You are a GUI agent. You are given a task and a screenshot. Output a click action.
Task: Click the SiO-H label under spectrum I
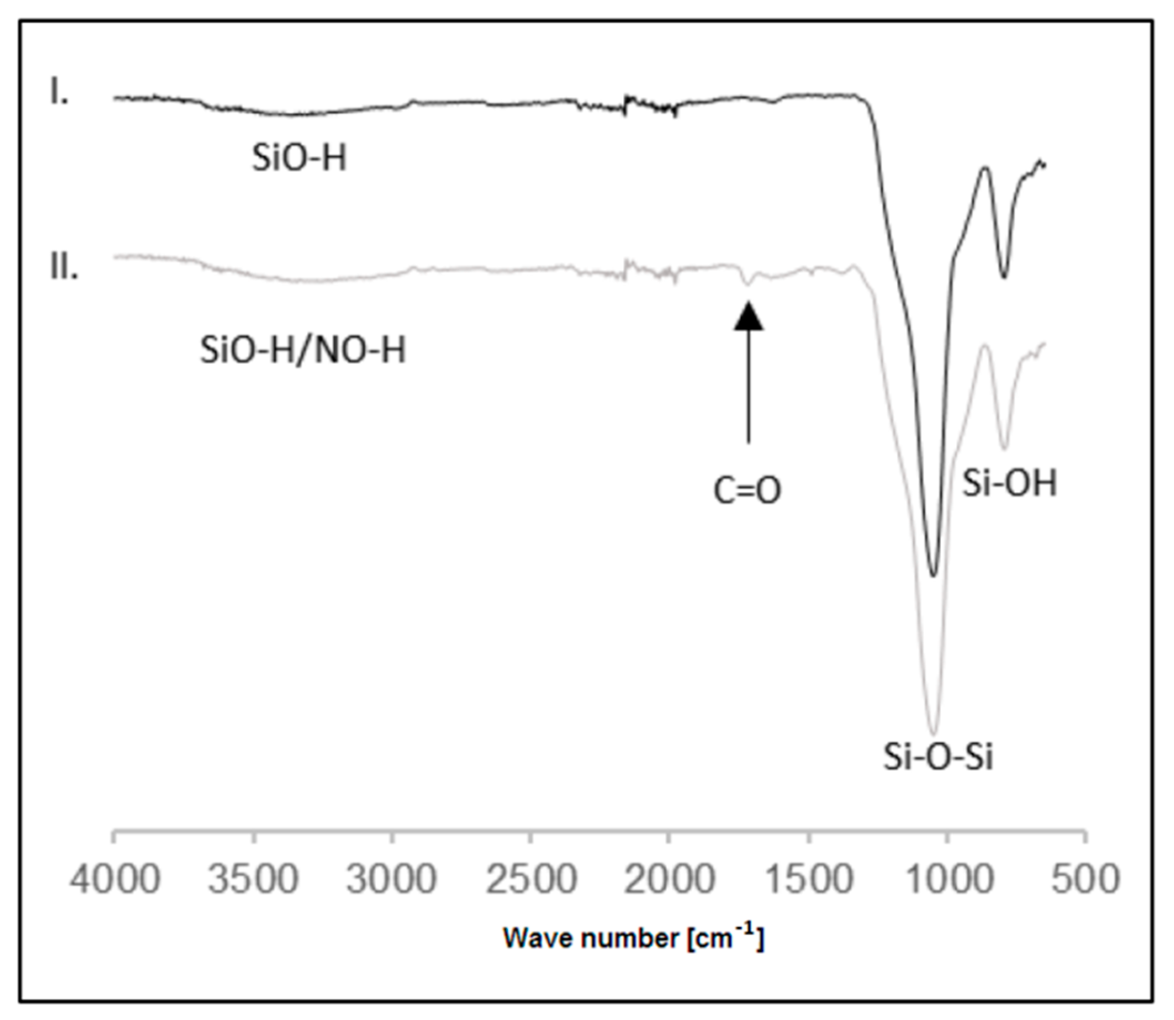[x=299, y=157]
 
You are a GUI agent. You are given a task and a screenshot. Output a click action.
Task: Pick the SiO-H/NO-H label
[x=303, y=350]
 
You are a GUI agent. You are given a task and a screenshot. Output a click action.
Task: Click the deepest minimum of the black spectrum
[x=933, y=575]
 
